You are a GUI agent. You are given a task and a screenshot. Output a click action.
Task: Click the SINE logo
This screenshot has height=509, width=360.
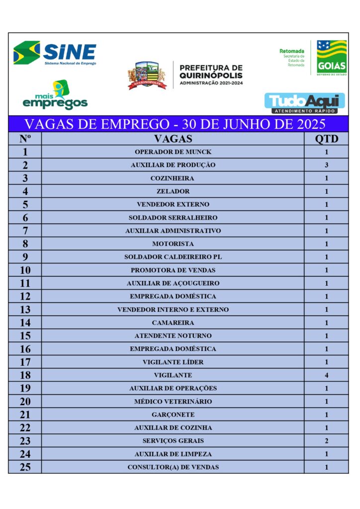point(55,53)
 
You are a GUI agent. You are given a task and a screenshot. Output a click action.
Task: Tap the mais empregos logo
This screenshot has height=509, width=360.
point(55,95)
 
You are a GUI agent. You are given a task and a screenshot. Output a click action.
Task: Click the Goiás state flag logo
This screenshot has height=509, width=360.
point(331,57)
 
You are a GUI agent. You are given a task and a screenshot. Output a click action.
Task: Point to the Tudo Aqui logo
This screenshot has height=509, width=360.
point(304,103)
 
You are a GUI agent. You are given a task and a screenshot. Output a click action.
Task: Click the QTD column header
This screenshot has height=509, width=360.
point(326,139)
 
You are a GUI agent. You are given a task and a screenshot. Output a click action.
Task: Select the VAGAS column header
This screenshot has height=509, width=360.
point(173,139)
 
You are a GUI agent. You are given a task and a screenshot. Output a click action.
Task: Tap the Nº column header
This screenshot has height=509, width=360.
point(25,139)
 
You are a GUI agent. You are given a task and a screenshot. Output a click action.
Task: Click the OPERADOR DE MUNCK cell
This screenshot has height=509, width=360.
point(173,152)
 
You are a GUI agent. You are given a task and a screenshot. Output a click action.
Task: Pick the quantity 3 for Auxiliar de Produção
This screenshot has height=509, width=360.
point(326,165)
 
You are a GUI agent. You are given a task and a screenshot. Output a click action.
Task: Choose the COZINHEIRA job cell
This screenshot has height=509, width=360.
point(173,178)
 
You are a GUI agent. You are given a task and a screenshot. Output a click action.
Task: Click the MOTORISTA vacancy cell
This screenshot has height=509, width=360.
point(173,244)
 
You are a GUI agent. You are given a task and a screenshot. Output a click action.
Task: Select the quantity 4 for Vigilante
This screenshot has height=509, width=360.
point(326,375)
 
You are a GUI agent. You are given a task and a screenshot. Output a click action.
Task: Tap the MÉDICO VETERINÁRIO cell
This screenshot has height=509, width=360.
point(173,402)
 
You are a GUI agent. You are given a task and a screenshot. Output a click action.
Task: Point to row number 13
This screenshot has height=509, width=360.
point(25,310)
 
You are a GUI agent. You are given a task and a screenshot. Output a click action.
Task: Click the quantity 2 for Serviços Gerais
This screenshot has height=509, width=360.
point(326,441)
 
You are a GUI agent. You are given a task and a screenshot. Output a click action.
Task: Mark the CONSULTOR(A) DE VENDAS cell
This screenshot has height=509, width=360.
point(173,467)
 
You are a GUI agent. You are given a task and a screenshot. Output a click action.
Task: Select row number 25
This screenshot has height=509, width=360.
point(25,467)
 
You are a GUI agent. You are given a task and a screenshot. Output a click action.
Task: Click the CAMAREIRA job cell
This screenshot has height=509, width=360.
point(173,323)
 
